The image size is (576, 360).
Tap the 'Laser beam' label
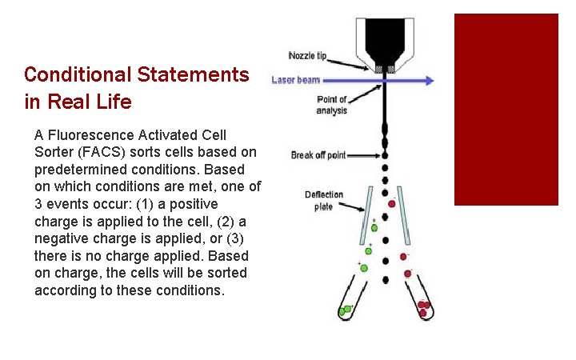[x=295, y=80]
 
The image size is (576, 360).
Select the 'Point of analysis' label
[x=332, y=105]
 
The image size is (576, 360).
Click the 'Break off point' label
[x=318, y=155]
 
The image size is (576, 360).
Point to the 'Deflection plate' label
[x=324, y=200]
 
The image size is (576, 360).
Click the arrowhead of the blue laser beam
[x=430, y=80]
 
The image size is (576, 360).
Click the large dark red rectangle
[x=506, y=109]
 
